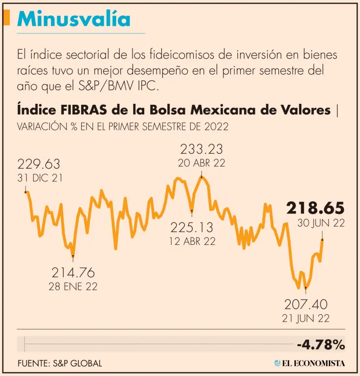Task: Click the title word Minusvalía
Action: (74, 19)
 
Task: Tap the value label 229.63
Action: (39, 164)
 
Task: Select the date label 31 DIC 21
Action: (40, 178)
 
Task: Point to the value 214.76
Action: (73, 273)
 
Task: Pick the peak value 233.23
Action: (202, 149)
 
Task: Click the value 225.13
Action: (193, 227)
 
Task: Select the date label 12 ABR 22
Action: (193, 241)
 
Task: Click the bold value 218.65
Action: (315, 208)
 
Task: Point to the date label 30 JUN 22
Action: (321, 223)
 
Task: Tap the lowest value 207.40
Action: (306, 304)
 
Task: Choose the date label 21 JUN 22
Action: (306, 318)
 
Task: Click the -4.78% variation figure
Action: (320, 345)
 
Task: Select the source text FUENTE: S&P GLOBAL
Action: (60, 363)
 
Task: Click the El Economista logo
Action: (309, 363)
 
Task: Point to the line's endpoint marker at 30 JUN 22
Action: (322, 239)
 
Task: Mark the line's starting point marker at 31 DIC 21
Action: (26, 192)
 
